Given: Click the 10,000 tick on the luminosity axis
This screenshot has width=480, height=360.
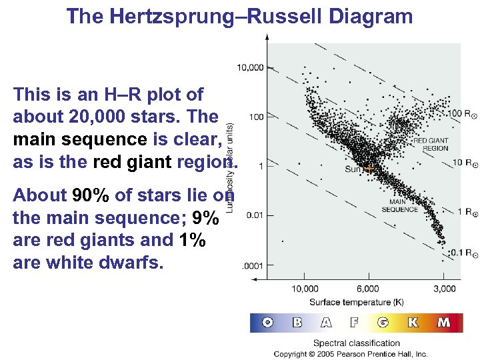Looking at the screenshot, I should [x=250, y=67].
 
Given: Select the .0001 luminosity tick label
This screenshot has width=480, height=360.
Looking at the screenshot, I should [x=252, y=265].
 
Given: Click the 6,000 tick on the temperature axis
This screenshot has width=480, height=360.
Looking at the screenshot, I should [x=368, y=289].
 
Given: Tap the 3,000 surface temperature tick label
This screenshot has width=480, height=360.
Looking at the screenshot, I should [x=444, y=289].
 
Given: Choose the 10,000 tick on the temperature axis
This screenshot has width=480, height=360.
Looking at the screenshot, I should [x=305, y=289].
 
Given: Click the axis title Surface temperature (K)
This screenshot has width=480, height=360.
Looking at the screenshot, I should [x=366, y=301].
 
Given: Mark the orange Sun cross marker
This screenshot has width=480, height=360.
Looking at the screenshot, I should [x=369, y=169].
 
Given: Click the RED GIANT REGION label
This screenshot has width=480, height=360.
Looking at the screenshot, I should [x=431, y=145].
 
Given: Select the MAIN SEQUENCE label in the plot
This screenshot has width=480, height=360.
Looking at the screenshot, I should [x=399, y=206].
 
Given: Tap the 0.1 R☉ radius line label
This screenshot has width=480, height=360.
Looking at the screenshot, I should [x=445, y=253].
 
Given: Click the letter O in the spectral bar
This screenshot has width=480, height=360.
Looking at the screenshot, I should [x=267, y=323].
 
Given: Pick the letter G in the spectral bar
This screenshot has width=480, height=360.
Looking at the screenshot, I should [x=383, y=323].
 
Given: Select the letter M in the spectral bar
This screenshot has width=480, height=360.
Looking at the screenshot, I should [x=443, y=323].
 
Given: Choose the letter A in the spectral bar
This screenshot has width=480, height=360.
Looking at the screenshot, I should [x=325, y=323].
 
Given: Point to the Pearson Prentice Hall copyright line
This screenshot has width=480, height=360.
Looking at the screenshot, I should [x=351, y=354].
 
